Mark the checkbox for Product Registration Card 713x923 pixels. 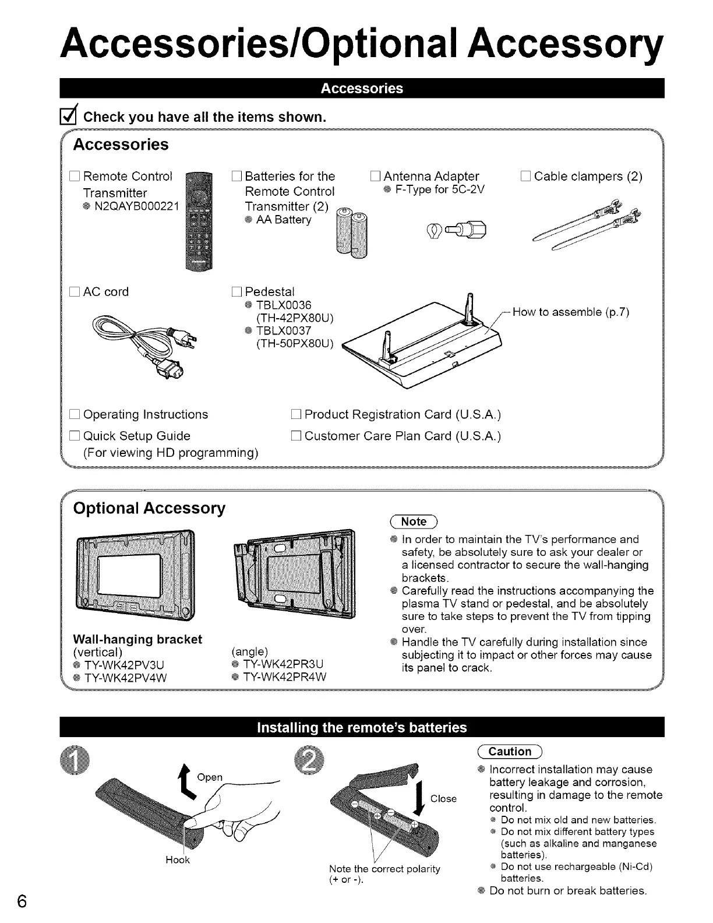coord(295,415)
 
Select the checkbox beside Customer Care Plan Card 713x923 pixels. coord(295,436)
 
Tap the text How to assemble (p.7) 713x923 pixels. coord(570,312)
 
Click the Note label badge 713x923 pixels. coord(414,522)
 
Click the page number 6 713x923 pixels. coord(22,901)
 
